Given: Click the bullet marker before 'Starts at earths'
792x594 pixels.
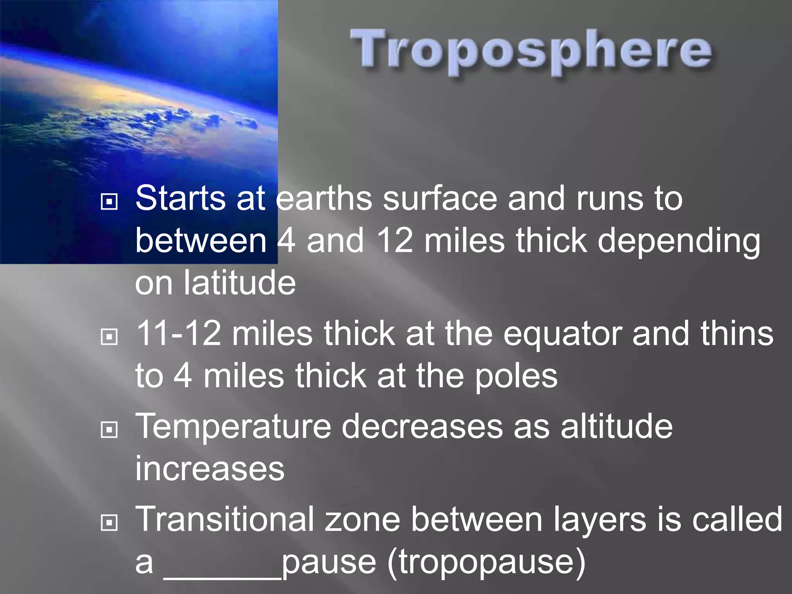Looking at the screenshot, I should coord(109,201).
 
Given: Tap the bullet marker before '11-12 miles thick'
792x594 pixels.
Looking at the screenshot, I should coord(109,336).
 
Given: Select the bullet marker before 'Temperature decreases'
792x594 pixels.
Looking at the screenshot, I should coord(109,429).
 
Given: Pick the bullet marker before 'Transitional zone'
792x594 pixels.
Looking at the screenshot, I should coord(109,523).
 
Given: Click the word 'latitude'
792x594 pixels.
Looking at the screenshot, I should coord(239,283).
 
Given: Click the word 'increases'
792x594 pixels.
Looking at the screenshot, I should coord(210,469).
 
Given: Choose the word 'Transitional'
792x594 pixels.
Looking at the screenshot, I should coord(225,520).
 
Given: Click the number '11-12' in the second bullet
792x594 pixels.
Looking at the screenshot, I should coord(179,334).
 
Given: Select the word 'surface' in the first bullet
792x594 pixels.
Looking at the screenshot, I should coord(440,199).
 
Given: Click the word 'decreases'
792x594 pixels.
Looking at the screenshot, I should coord(422,427).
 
